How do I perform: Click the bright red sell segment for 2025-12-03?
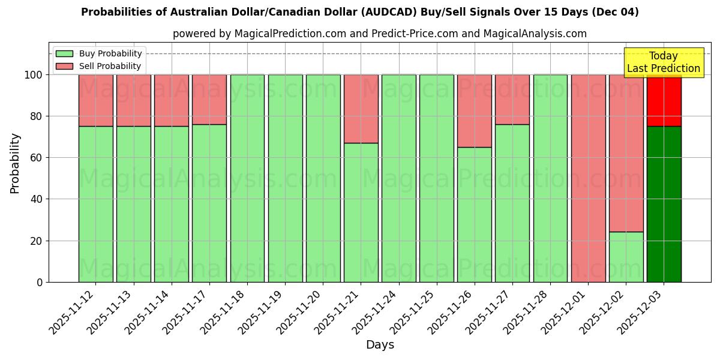click(x=664, y=101)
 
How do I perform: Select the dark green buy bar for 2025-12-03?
click(x=664, y=204)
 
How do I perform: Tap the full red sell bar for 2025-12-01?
click(x=588, y=178)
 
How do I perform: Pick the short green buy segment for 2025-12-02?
click(x=626, y=257)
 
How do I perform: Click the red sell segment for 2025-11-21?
click(x=361, y=109)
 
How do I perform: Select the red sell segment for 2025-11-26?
click(x=474, y=111)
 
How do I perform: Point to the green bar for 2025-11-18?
click(x=247, y=178)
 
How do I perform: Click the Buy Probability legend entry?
click(x=99, y=53)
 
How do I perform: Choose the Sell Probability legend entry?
click(x=99, y=66)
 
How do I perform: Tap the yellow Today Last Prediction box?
click(x=663, y=62)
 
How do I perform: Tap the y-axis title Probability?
click(x=15, y=163)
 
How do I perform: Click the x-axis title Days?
click(x=380, y=345)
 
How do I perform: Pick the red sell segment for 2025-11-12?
click(x=95, y=100)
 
